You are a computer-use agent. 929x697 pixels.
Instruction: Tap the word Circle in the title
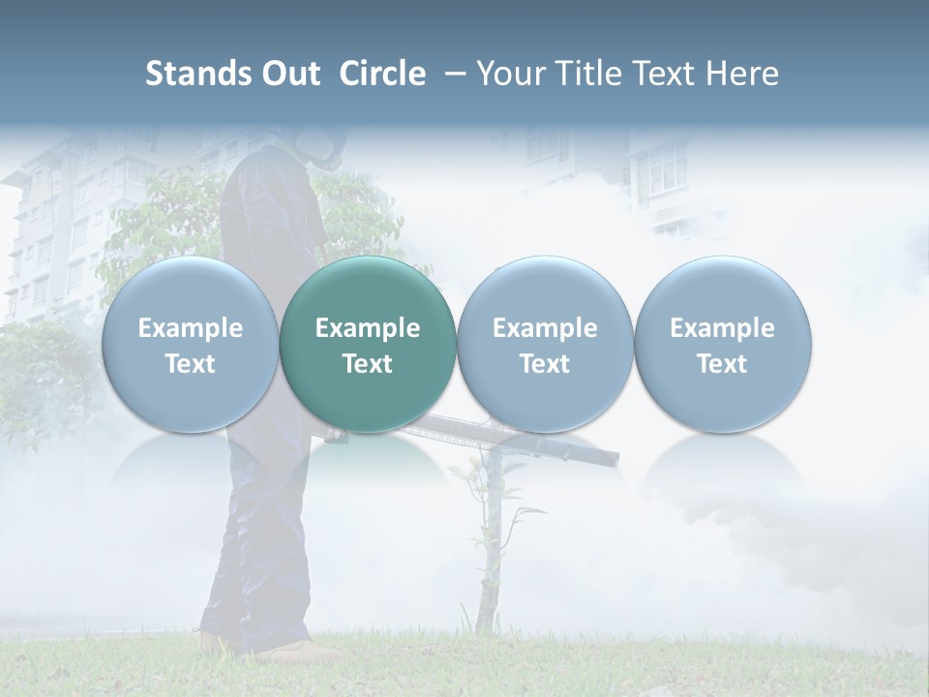[382, 74]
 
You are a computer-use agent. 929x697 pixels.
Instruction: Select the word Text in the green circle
[368, 364]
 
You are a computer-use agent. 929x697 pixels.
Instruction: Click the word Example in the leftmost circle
[191, 328]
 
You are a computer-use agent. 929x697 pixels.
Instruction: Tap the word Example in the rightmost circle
[723, 328]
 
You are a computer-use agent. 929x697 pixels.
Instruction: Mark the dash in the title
[452, 74]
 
